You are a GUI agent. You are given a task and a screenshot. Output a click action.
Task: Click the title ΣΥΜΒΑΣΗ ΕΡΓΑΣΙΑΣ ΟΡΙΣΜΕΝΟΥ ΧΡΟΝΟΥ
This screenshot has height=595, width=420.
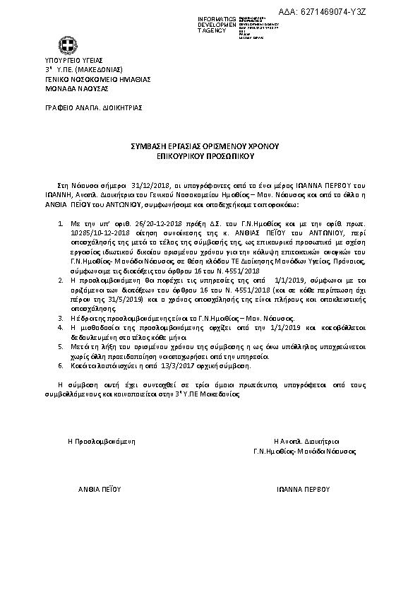coord(205,144)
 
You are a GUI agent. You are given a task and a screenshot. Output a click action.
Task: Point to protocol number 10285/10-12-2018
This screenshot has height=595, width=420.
coord(100,230)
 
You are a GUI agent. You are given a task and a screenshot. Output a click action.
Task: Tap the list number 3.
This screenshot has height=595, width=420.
coord(60,318)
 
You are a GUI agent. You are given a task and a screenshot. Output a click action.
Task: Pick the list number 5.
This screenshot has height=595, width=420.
coord(60,347)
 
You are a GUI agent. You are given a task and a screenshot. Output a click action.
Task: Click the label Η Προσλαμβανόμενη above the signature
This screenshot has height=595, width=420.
coord(101,440)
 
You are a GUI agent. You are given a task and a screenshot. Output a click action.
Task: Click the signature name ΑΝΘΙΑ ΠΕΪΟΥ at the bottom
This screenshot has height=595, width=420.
coord(100,488)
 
